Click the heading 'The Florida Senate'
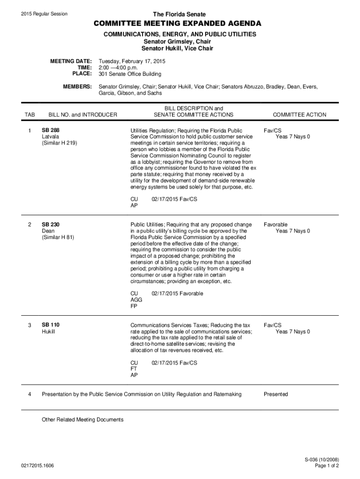[180, 15]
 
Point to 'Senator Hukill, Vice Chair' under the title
[180, 48]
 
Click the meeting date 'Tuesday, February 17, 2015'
[132, 61]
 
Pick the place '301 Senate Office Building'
[130, 74]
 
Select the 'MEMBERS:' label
[77, 87]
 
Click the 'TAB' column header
[30, 115]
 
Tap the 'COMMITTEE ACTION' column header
[300, 115]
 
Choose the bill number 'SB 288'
[50, 130]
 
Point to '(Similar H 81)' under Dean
[58, 237]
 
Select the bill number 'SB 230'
[50, 225]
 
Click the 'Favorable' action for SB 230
[275, 225]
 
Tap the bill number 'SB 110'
[50, 325]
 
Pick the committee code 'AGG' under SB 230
[137, 300]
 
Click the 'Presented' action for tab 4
[276, 394]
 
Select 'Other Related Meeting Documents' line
[83, 420]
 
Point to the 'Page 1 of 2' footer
[327, 466]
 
